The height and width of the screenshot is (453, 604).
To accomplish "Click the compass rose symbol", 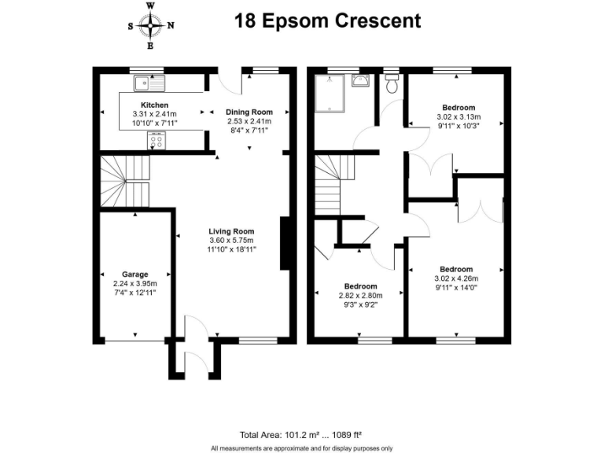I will pyautogui.click(x=150, y=25).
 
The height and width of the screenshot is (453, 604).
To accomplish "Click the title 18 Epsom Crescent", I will pyautogui.click(x=327, y=21).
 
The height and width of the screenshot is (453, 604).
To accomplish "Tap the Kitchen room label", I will pyautogui.click(x=155, y=105).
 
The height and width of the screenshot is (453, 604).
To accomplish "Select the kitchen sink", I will pyautogui.click(x=146, y=82).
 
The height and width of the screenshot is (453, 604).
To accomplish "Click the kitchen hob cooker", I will pyautogui.click(x=156, y=142).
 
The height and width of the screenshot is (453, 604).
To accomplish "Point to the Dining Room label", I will pyautogui.click(x=249, y=112).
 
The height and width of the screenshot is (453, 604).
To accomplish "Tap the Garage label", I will pyautogui.click(x=134, y=274).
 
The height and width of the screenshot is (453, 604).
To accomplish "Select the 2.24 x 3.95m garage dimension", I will pyautogui.click(x=134, y=284).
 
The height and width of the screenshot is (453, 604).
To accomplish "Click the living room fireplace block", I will pyautogui.click(x=284, y=245).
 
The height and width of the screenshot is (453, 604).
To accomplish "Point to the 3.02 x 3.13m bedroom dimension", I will pyautogui.click(x=458, y=116).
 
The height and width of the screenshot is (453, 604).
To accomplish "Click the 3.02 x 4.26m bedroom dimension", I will pyautogui.click(x=456, y=278).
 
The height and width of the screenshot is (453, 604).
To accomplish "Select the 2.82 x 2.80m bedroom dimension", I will pyautogui.click(x=360, y=296).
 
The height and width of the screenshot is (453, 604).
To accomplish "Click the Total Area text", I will pyautogui.click(x=301, y=434).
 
